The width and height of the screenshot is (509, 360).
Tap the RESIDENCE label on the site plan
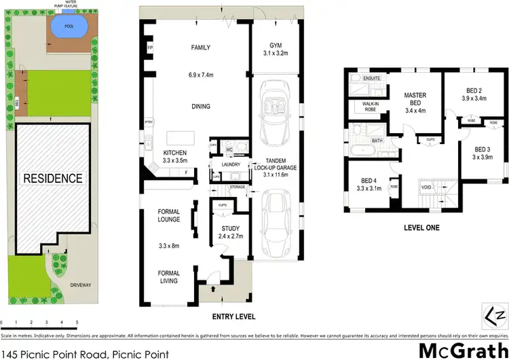(x=53, y=179)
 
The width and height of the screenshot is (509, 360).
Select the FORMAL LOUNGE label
(x=164, y=215)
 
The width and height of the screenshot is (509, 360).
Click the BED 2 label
(x=474, y=90)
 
